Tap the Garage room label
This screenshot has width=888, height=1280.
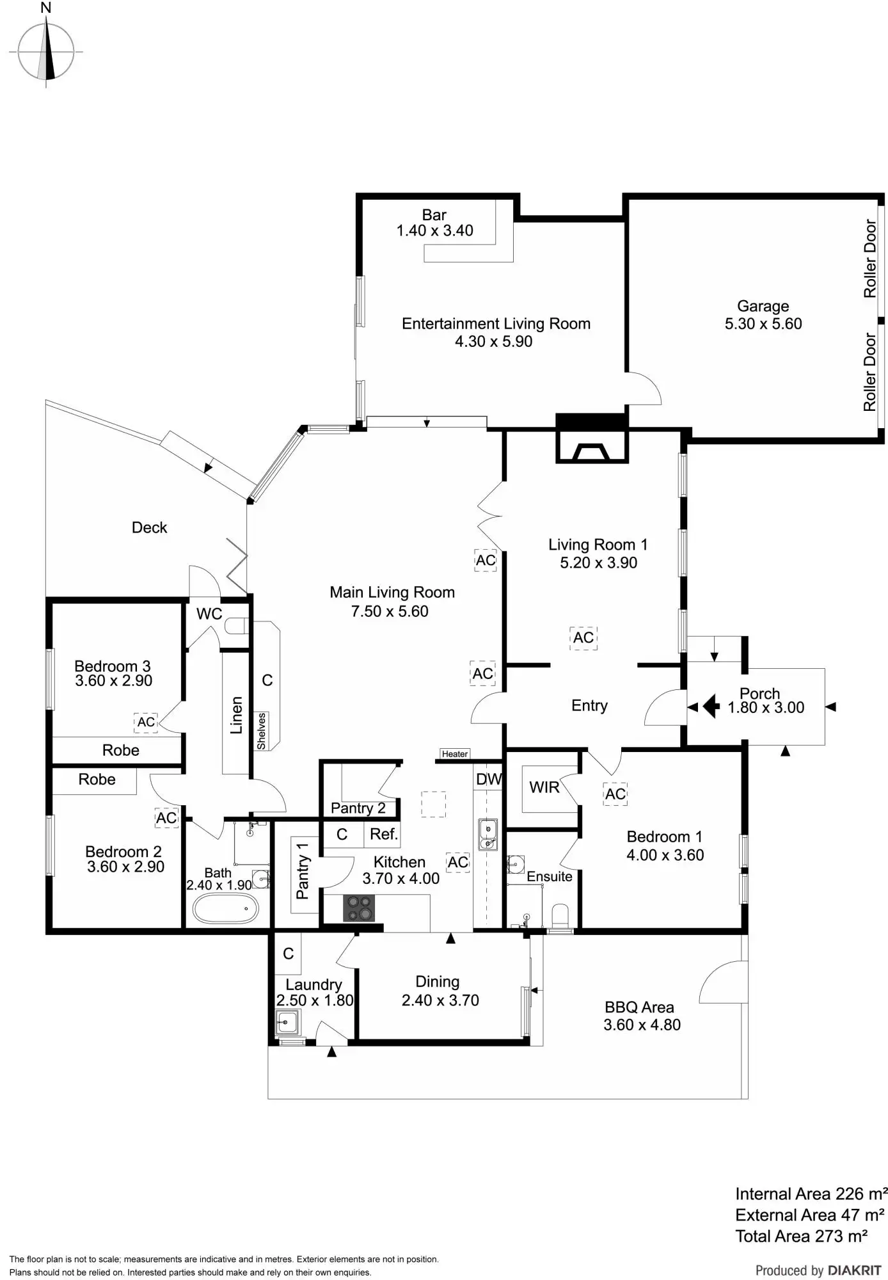[763, 307]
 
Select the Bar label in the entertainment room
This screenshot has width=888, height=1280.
[434, 215]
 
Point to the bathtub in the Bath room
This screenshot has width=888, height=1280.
[226, 908]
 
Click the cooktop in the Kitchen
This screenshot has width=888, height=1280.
[358, 908]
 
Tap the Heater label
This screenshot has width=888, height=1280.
[455, 754]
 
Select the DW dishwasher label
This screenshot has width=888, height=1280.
[489, 780]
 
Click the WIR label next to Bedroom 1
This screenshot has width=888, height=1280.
[544, 787]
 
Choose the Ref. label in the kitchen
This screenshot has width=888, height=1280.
[384, 834]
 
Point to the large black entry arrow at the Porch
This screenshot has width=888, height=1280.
[711, 707]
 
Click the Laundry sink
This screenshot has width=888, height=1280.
[287, 1022]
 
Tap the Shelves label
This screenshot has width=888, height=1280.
[261, 731]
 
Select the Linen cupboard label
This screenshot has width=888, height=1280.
[237, 715]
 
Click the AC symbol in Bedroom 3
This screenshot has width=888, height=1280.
[146, 722]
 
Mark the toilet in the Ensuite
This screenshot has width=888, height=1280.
[560, 915]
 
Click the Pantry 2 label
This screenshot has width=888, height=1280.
[358, 808]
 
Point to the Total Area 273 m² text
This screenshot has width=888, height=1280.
[801, 1236]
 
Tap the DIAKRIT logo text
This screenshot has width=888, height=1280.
[854, 1270]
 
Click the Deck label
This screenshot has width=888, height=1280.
[149, 527]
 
